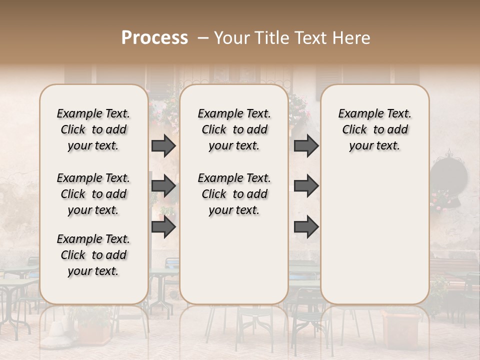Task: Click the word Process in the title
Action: point(154,38)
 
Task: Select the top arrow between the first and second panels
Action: point(163,145)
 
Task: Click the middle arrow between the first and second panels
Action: point(163,186)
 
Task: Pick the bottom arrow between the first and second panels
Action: point(163,227)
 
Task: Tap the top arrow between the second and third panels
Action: point(306,145)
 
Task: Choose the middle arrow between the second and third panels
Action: point(306,186)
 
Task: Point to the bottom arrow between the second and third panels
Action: point(306,227)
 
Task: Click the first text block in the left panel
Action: point(93,129)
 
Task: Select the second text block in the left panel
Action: point(93,194)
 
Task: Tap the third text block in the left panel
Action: point(93,255)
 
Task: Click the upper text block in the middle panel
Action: point(234,129)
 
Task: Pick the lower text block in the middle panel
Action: point(234,194)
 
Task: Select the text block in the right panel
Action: point(374,129)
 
